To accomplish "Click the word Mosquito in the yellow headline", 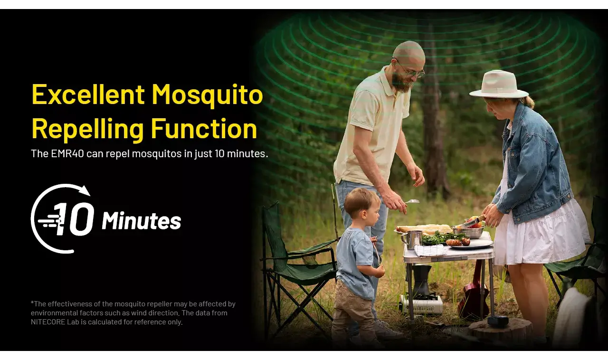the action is [x=207, y=95].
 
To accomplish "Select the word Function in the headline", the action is [x=204, y=128].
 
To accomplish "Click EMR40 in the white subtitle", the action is [x=67, y=154].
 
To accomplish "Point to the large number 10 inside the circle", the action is [x=74, y=219].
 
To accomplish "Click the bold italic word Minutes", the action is [x=142, y=221].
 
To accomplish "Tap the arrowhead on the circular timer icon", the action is [x=85, y=190].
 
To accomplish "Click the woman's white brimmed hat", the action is [x=499, y=84].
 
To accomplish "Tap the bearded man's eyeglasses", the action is [x=410, y=69].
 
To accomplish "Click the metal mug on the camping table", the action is [x=412, y=239].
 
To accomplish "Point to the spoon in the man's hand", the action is [x=412, y=201].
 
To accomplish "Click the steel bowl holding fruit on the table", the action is [x=468, y=232].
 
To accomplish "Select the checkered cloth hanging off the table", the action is [x=430, y=250].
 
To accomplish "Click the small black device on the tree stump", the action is [x=498, y=322].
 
